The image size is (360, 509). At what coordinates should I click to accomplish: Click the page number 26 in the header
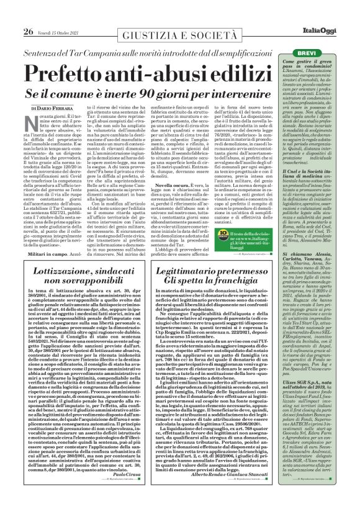(28, 32)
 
